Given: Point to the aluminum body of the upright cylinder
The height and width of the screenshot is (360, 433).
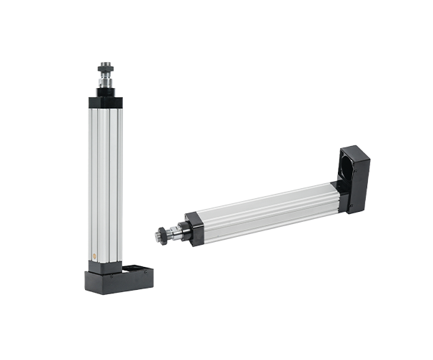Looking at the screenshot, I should pyautogui.click(x=106, y=179).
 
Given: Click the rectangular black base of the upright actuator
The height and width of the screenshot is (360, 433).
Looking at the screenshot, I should pyautogui.click(x=119, y=283).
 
